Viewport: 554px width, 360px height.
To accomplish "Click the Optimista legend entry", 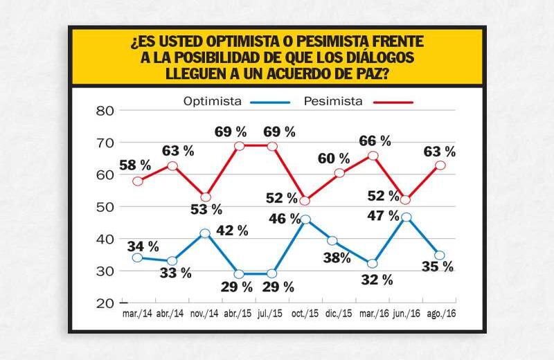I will click(213, 101).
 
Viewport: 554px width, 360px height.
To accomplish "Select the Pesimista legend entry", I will click(333, 101).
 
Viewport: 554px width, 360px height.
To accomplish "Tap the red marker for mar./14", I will click(138, 181).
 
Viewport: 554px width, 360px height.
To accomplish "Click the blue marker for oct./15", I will click(305, 219).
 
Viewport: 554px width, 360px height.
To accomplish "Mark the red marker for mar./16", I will click(373, 156).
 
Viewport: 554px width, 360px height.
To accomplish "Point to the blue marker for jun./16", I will click(406, 217).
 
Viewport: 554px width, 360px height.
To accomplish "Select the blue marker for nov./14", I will click(204, 233).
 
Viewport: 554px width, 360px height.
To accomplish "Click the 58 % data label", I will click(134, 165).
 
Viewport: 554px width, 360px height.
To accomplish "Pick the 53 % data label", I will click(206, 209).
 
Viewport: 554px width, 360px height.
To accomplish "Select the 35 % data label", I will click(438, 267).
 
